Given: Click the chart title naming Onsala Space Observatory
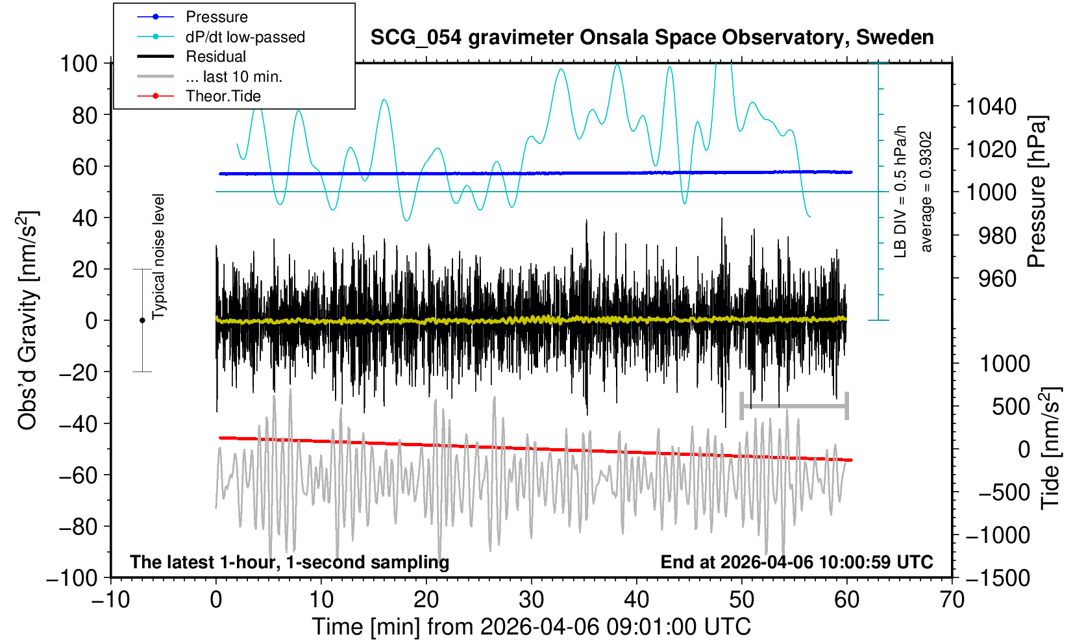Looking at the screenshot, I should point(652,38).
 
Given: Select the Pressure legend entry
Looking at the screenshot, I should point(216,17).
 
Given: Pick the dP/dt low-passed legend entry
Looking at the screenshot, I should point(245,37).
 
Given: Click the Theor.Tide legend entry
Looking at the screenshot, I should point(223,96).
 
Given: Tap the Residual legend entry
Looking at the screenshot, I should point(216,57).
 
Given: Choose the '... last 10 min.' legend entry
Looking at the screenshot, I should point(233,77).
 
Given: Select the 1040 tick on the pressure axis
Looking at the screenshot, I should point(991,106).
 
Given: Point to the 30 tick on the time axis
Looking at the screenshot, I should point(531,599).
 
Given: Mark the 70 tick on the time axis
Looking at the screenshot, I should point(952,599).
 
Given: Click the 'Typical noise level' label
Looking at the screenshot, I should point(158,257).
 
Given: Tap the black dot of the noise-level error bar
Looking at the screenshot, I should point(142,320).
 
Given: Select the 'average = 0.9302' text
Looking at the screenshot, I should point(926,192).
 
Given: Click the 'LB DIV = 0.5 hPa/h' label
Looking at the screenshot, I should point(900,192).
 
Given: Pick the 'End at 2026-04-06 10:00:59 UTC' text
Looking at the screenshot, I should point(796,562).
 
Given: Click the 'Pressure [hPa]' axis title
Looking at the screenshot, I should point(1037,192).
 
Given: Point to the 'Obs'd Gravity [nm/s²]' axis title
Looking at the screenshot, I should point(28,320).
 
